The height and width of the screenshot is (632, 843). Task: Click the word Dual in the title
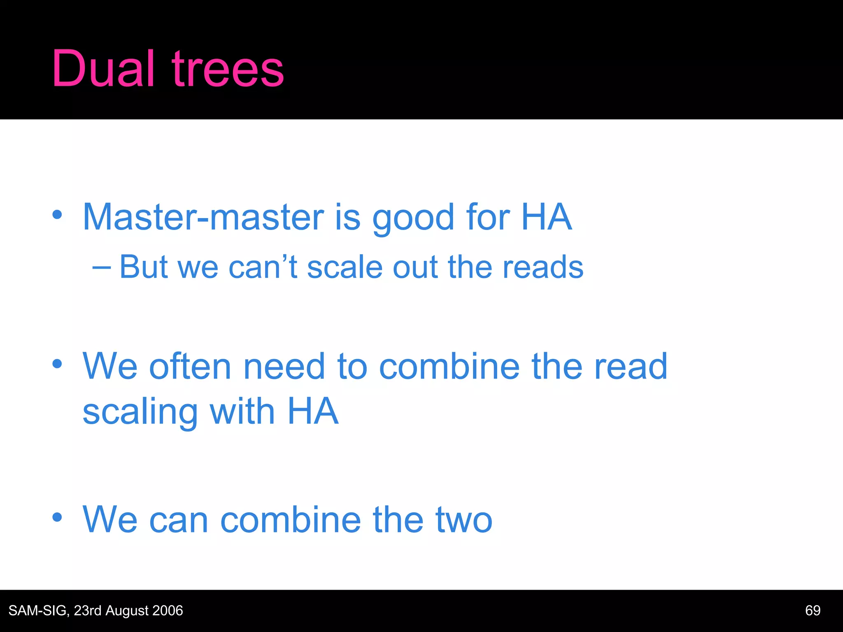coord(103,68)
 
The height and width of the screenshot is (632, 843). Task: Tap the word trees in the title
coord(228,69)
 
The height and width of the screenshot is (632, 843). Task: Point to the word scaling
coord(140,412)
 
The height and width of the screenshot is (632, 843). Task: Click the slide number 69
coord(813,611)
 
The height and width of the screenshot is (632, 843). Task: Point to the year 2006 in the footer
coord(167,611)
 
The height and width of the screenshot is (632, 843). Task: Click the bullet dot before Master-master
coord(57,214)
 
